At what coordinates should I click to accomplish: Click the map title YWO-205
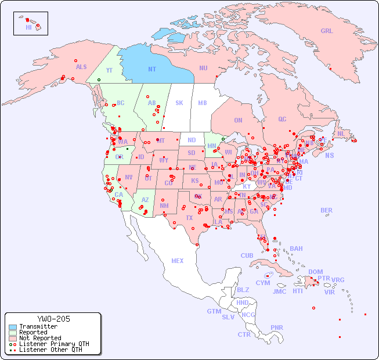[53, 319]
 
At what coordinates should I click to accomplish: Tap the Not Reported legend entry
[39, 338]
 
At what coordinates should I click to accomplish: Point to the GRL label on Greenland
[327, 31]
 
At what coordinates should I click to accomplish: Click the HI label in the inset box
[28, 27]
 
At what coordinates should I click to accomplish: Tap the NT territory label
[152, 69]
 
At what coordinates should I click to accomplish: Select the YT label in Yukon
[109, 70]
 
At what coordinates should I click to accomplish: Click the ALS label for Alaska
[81, 67]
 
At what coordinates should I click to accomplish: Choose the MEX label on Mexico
[178, 261]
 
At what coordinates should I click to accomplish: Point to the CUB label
[247, 255]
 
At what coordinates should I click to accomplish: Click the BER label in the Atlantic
[327, 210]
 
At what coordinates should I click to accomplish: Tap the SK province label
[179, 103]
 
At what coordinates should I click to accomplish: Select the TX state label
[189, 218]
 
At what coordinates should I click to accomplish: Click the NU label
[203, 68]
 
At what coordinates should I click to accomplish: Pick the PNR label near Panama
[277, 327]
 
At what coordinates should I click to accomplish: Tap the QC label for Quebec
[282, 119]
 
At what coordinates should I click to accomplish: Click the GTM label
[214, 311]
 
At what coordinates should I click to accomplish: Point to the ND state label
[192, 140]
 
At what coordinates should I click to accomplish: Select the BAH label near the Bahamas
[296, 249]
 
